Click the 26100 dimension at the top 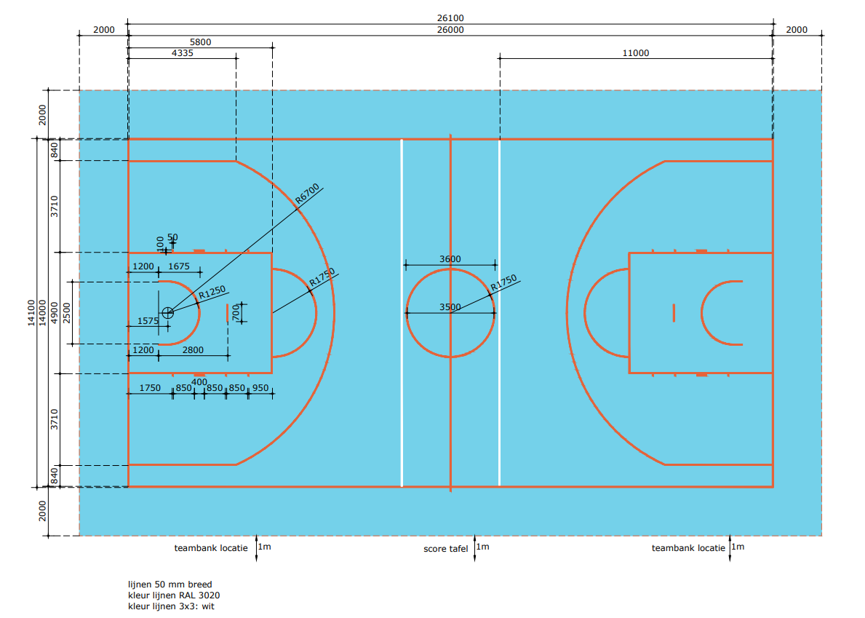point(450,18)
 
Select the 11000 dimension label point(636,53)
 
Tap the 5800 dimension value point(200,42)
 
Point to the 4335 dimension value point(183,53)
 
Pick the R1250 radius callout point(212,293)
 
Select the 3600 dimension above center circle point(450,259)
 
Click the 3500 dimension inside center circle point(450,306)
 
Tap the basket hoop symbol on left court point(168,313)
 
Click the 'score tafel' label point(446,548)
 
